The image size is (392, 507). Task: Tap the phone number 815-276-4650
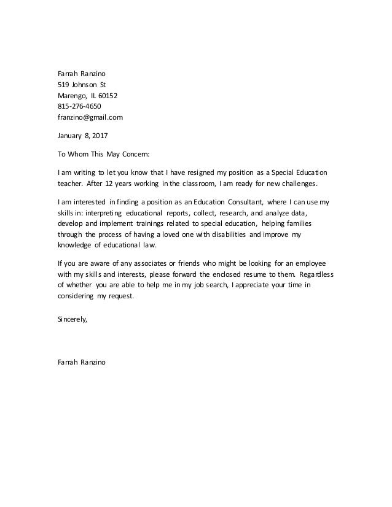point(79,106)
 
